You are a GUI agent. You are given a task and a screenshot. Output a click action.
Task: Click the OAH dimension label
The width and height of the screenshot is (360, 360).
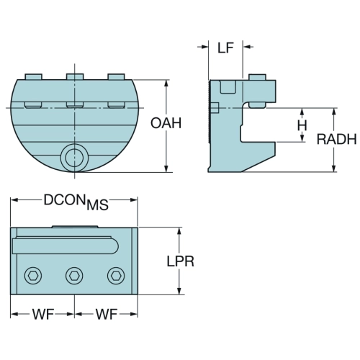[166, 123]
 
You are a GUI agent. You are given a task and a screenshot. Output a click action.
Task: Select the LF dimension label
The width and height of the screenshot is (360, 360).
[225, 48]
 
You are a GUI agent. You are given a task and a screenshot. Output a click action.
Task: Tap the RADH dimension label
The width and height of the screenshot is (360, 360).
[336, 139]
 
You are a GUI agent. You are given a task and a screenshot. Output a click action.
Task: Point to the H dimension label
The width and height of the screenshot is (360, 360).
[302, 125]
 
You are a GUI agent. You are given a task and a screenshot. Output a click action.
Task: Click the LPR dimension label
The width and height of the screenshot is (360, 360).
[181, 261]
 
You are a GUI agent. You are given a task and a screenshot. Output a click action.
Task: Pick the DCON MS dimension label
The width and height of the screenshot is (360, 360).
[76, 202]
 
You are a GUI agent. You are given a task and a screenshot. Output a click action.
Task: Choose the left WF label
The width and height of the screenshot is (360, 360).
[43, 314]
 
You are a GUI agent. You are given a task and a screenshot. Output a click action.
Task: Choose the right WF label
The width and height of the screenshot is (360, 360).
[107, 314]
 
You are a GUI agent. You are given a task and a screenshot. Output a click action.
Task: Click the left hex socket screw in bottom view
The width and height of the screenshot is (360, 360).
[33, 276]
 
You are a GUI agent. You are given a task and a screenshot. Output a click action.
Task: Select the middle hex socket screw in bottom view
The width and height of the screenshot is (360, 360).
[74, 276]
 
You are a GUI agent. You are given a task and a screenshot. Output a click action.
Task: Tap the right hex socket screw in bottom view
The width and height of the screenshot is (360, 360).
[116, 276]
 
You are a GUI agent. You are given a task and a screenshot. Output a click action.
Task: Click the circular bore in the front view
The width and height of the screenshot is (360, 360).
[75, 158]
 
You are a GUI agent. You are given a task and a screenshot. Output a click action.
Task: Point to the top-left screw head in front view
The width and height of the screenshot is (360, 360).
[34, 76]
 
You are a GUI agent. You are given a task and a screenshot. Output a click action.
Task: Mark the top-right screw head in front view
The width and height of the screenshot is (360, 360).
[116, 76]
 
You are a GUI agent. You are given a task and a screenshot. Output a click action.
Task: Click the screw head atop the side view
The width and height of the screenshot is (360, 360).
[257, 77]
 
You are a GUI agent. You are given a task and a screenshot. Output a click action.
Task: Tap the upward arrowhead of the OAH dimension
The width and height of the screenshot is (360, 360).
[166, 84]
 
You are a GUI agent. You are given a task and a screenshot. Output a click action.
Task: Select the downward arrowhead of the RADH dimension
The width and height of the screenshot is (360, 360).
[333, 168]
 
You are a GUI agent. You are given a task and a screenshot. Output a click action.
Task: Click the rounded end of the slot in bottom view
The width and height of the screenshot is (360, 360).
[115, 246]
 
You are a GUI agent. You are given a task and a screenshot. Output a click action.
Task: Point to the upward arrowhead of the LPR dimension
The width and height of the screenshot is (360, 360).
[179, 231]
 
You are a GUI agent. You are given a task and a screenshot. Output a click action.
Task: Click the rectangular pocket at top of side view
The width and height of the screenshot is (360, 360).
[228, 86]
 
